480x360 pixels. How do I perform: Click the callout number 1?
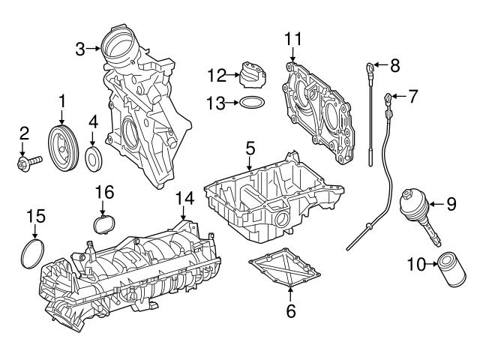click(63, 100)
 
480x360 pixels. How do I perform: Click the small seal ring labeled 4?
click(94, 158)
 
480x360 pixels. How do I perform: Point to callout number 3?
click(80, 49)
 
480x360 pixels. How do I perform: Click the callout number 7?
click(412, 95)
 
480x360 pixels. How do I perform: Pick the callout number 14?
click(184, 197)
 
